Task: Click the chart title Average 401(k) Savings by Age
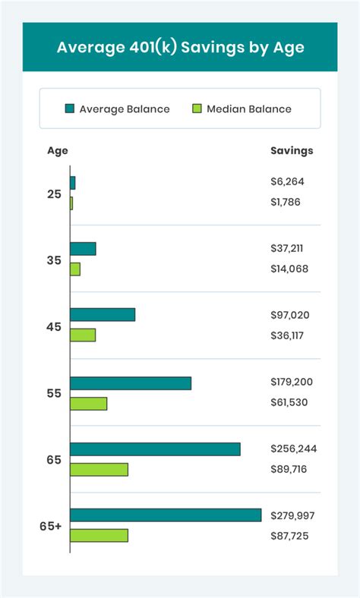[180, 47]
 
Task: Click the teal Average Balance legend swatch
[71, 109]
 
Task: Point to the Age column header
[58, 150]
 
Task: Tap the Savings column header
[292, 150]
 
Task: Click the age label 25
[54, 194]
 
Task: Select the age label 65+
[51, 526]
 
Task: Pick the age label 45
[54, 327]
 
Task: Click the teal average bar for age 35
[83, 249]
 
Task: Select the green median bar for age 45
[83, 335]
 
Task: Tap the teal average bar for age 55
[131, 383]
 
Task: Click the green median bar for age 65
[99, 469]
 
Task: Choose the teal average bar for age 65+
[166, 515]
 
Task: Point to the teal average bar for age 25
[73, 183]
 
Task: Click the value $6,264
[286, 181]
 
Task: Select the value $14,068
[289, 269]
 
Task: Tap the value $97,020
[289, 315]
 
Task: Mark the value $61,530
[289, 402]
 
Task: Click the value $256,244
[293, 448]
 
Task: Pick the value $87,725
[289, 536]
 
